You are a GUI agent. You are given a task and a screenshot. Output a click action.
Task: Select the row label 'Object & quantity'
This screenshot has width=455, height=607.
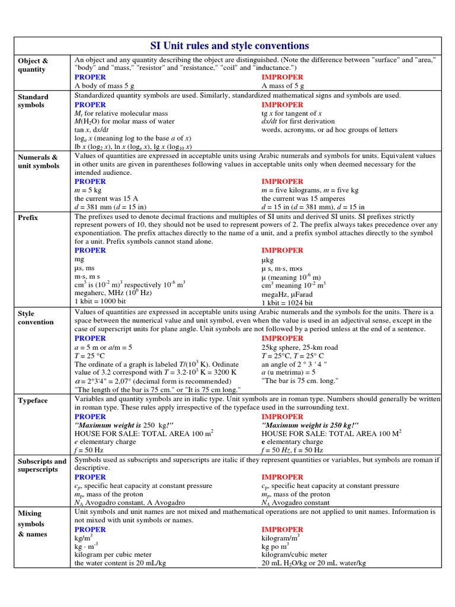click(x=33, y=65)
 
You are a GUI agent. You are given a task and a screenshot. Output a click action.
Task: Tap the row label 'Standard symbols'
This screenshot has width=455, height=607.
click(x=33, y=101)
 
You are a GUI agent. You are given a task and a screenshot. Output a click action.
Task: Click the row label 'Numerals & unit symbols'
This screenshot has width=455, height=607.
click(x=38, y=161)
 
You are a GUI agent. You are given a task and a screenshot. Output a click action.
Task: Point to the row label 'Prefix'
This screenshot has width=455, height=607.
click(x=28, y=218)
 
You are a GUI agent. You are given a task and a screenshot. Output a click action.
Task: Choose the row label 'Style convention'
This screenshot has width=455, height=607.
click(x=36, y=318)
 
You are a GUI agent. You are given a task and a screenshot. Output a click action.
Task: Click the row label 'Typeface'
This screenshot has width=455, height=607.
click(x=33, y=401)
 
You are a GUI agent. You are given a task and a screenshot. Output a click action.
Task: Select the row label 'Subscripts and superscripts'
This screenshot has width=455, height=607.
click(x=41, y=465)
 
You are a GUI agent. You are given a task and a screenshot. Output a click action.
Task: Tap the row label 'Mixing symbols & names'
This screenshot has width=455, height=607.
click(x=31, y=523)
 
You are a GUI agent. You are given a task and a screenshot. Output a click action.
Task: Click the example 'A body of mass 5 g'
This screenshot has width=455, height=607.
click(x=104, y=86)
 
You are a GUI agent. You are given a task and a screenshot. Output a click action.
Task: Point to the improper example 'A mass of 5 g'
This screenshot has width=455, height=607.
click(x=283, y=86)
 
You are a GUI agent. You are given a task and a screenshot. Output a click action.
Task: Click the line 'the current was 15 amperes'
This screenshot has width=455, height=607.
click(x=301, y=199)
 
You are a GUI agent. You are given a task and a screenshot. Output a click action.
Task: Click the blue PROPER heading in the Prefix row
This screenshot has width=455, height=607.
click(x=90, y=250)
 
